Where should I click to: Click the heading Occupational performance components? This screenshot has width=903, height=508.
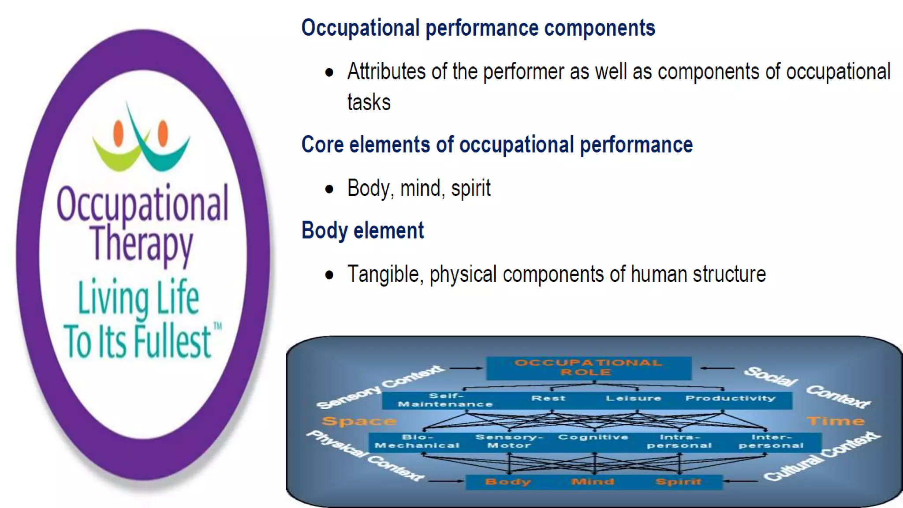click(x=478, y=28)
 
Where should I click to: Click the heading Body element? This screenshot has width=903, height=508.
click(x=362, y=231)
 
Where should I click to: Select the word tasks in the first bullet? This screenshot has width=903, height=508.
click(x=369, y=103)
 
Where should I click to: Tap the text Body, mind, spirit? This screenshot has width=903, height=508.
click(x=418, y=189)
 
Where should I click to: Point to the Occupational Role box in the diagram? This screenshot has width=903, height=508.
click(x=588, y=368)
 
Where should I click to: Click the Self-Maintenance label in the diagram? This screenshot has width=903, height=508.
click(x=445, y=400)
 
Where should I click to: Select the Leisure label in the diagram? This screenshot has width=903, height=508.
click(x=633, y=398)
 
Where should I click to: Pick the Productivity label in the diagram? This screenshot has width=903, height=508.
click(x=730, y=398)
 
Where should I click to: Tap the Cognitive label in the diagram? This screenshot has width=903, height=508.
click(x=593, y=437)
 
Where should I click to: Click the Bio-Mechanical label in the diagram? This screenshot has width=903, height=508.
click(x=417, y=441)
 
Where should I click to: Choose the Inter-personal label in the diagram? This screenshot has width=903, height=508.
click(x=771, y=441)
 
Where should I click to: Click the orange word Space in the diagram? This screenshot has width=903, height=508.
click(x=358, y=421)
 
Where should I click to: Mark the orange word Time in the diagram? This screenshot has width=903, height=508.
click(x=836, y=421)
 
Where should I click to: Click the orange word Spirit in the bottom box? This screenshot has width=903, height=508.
click(x=678, y=482)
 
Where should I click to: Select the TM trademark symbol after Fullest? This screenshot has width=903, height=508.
click(x=218, y=327)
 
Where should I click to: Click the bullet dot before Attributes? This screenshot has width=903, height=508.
click(x=329, y=72)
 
